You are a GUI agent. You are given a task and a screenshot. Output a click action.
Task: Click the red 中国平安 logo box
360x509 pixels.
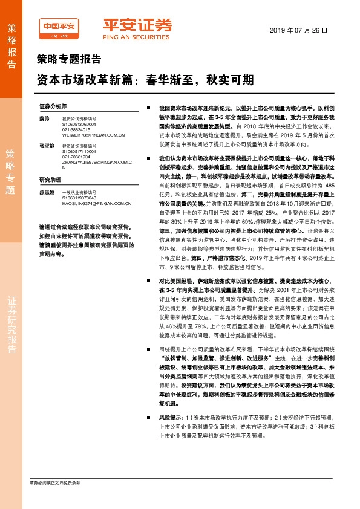tap(59, 25)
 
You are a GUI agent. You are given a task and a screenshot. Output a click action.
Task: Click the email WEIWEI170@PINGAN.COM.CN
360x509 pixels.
tap(93, 135)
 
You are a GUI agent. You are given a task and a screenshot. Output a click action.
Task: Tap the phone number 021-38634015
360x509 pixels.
tap(76, 129)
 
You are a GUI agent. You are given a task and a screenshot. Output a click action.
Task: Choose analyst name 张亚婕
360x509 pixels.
tap(46, 146)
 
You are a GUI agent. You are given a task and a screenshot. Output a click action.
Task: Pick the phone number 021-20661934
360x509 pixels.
tap(76, 157)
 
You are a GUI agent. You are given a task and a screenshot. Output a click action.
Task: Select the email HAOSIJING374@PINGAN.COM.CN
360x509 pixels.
tap(96, 204)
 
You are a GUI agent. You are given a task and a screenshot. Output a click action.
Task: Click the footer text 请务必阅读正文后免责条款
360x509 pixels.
tap(55, 482)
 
